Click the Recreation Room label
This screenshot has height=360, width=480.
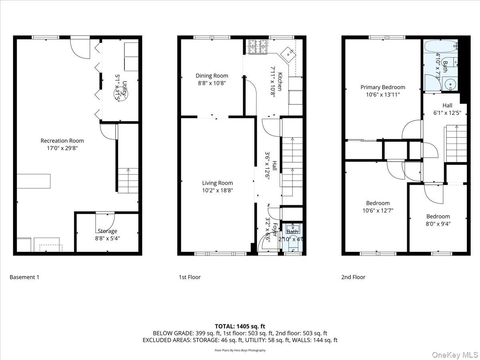click(x=62, y=140)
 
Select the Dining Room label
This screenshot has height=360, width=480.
click(x=212, y=76)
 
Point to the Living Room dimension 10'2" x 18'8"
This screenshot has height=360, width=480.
click(x=217, y=190)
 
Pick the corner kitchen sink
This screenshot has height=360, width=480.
click(x=288, y=52)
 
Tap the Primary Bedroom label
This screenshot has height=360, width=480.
click(x=382, y=87)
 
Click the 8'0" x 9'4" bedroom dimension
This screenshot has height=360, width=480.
click(x=438, y=224)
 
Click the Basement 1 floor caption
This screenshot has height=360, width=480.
click(x=24, y=277)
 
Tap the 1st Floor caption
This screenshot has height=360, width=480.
click(x=190, y=277)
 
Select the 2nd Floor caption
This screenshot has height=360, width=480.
click(x=353, y=277)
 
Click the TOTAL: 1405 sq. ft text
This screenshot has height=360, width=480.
click(x=240, y=326)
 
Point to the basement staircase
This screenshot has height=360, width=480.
click(x=128, y=180)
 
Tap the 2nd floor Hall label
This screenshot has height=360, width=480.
click(x=447, y=106)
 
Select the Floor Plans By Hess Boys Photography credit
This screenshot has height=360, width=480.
click(x=240, y=350)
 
